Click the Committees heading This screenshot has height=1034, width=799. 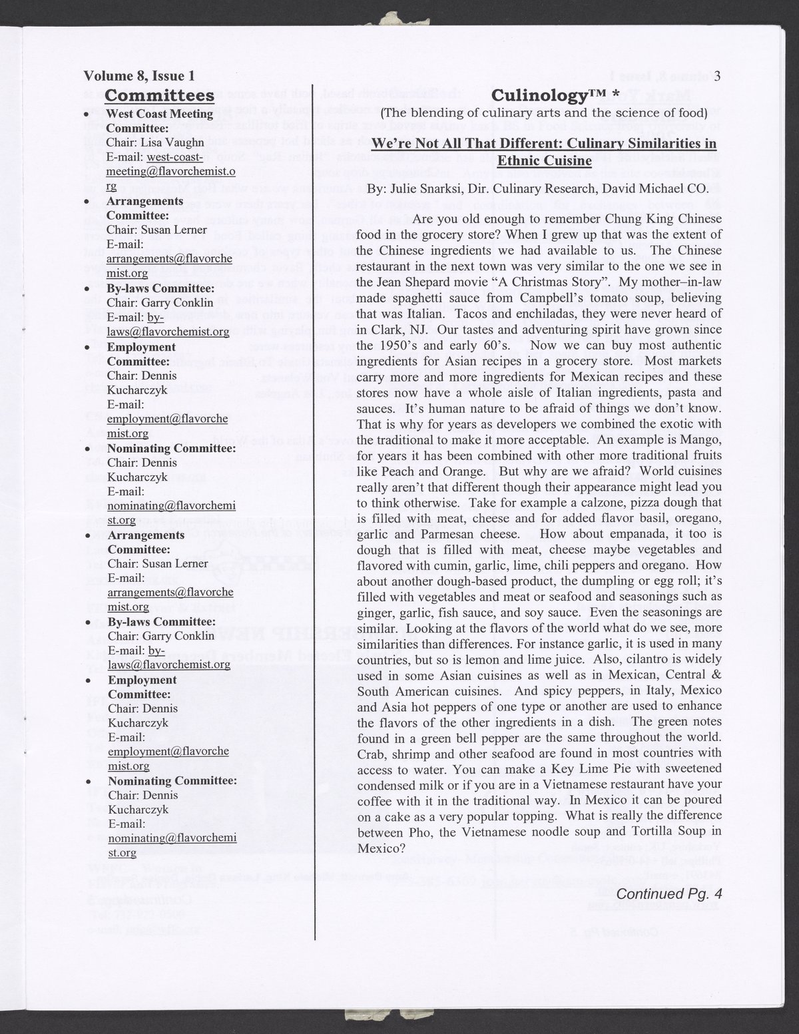coord(160,95)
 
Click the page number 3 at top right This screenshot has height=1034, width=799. coord(717,77)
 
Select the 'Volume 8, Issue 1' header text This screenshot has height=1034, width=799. coord(139,77)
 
